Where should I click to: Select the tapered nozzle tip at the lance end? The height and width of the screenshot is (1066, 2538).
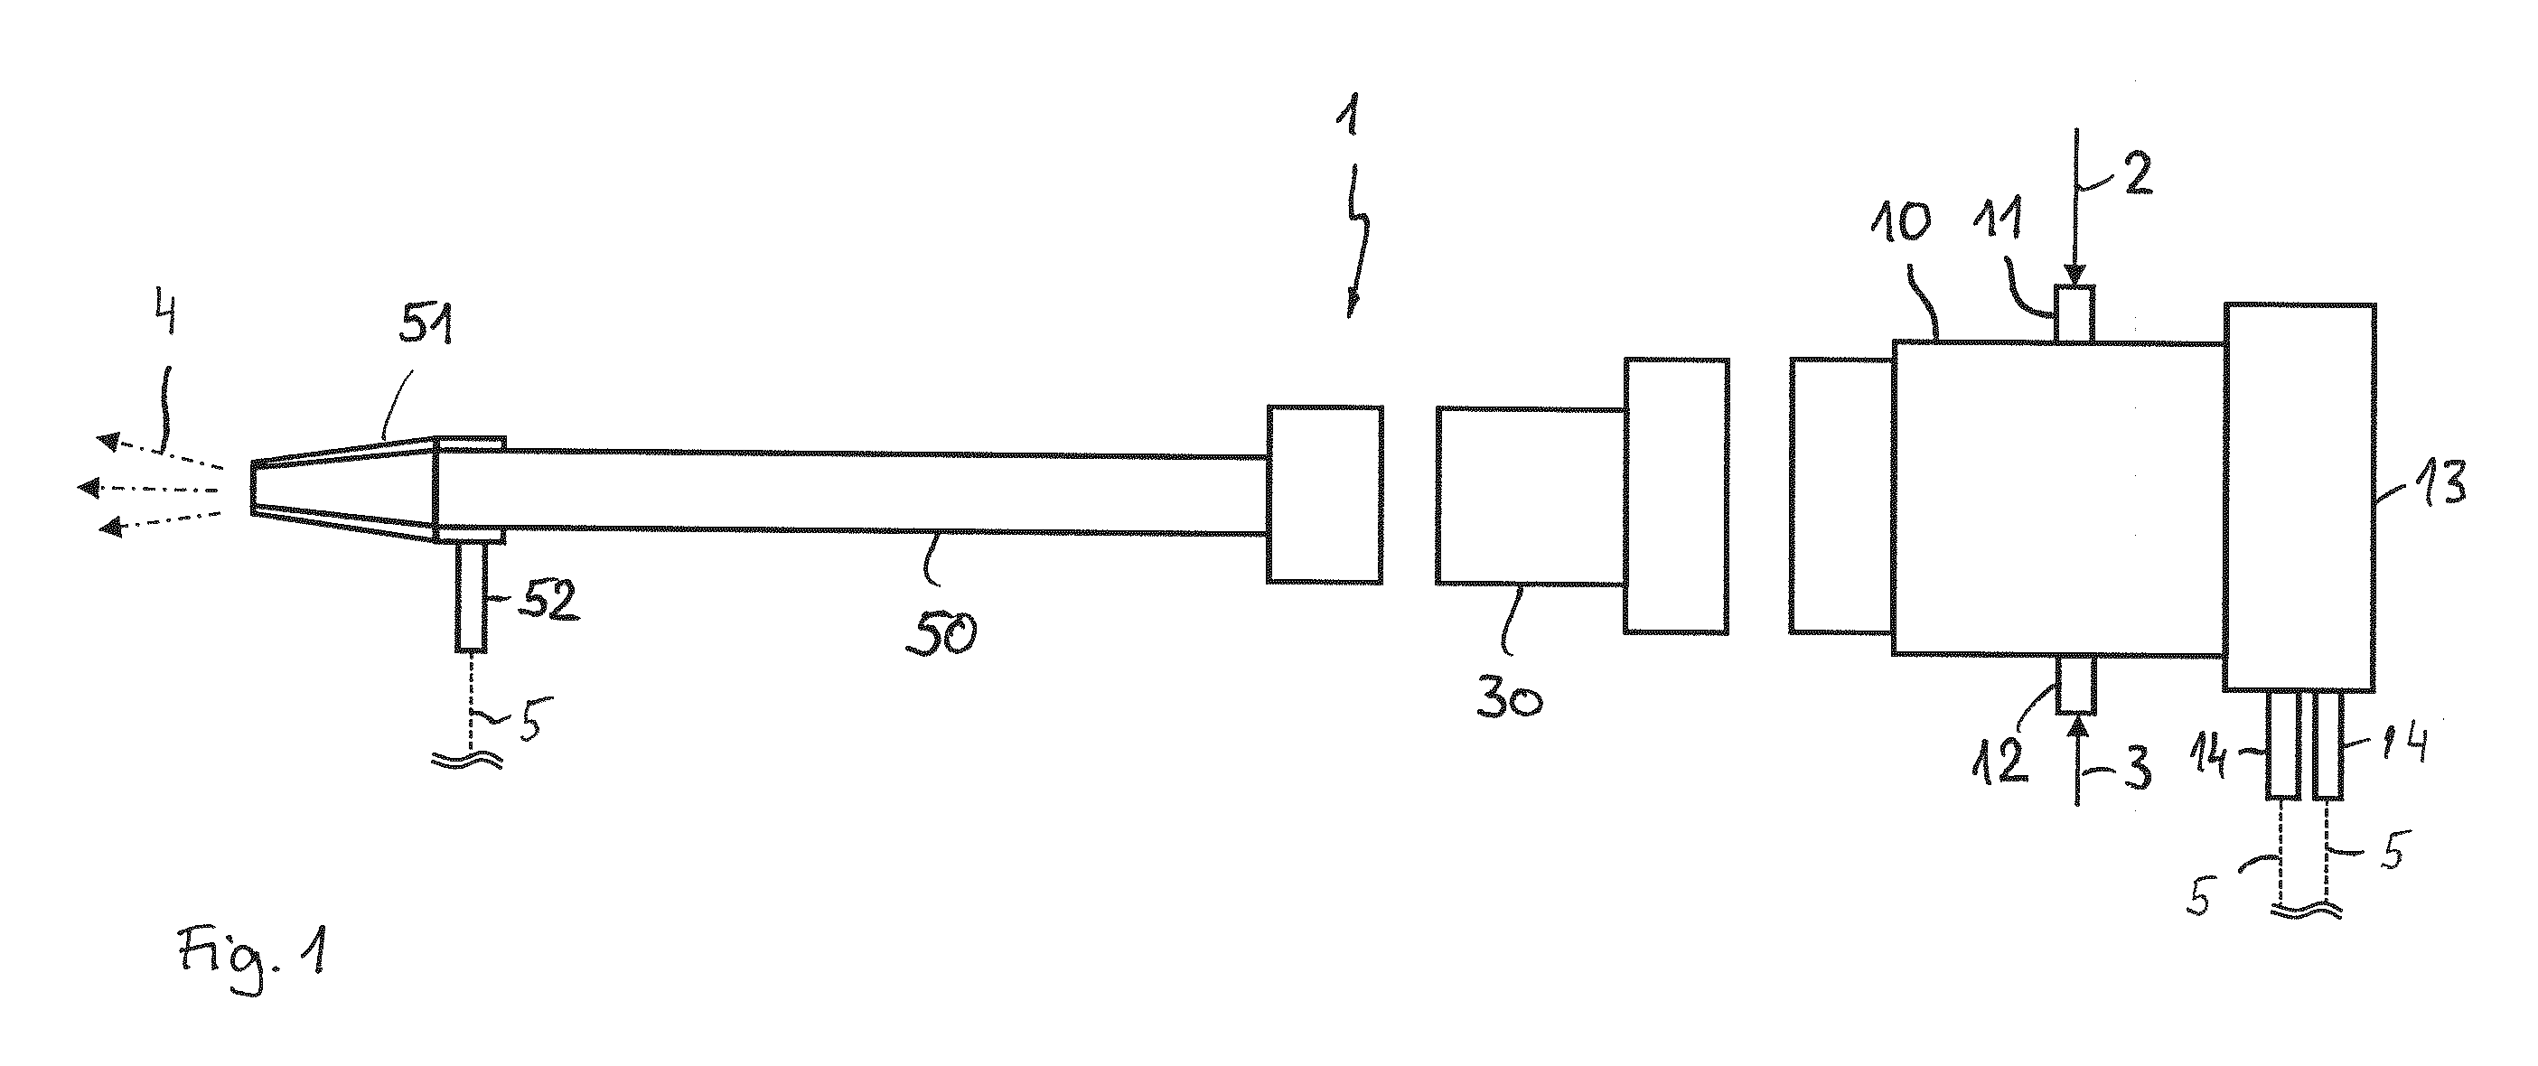click(x=342, y=490)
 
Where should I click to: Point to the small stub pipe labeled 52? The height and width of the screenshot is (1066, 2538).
click(x=471, y=596)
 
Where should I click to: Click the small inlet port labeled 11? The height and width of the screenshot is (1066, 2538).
click(x=2074, y=314)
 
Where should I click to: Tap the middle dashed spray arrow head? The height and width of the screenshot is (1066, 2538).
click(x=89, y=487)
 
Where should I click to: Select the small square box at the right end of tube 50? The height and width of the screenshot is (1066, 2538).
click(x=1325, y=493)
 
